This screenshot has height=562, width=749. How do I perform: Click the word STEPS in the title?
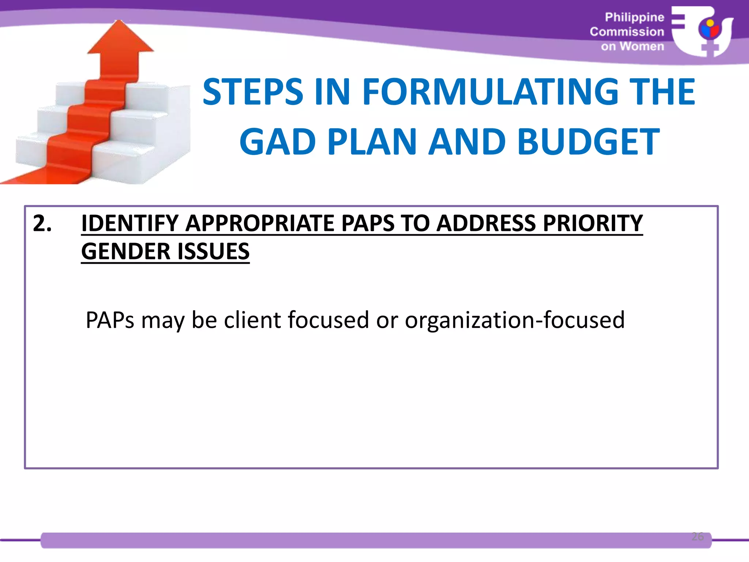(x=253, y=92)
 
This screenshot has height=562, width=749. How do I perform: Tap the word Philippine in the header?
(x=634, y=17)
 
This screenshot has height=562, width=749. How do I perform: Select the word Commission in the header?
(x=627, y=32)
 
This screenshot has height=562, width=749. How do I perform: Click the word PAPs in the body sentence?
(x=110, y=320)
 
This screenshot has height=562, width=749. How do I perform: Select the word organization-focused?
(x=515, y=320)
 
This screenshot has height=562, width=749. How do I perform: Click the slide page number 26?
(x=697, y=536)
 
